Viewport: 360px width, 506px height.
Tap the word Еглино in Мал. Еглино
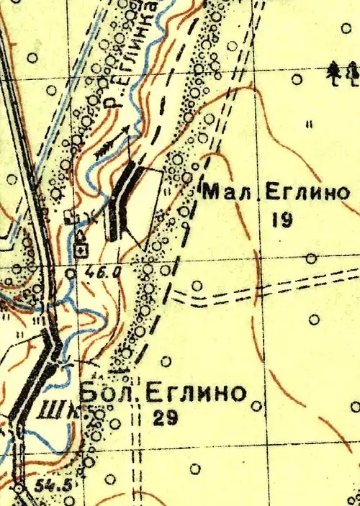[x=307, y=193]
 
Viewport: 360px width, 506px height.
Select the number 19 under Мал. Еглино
[x=282, y=220]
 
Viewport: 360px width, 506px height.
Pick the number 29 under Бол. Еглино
[x=166, y=418]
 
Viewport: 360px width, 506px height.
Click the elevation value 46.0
[x=105, y=272]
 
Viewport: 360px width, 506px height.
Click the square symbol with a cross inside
[x=82, y=249]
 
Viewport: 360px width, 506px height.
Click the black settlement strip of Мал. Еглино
[x=121, y=202]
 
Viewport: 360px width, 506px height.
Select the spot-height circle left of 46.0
[x=70, y=273]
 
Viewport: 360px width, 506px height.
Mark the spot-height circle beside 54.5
[x=19, y=487]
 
